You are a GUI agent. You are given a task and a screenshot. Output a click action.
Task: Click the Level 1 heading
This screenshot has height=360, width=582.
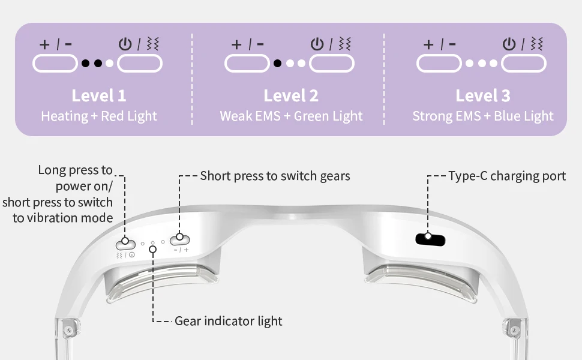click(99, 95)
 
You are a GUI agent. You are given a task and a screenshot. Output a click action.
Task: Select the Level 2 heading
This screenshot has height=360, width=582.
click(291, 95)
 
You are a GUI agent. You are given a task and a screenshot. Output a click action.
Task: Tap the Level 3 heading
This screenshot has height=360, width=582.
click(483, 95)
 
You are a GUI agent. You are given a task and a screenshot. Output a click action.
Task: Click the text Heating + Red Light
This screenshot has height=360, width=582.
click(99, 116)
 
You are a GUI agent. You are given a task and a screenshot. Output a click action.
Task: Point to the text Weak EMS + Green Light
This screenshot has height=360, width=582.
click(291, 116)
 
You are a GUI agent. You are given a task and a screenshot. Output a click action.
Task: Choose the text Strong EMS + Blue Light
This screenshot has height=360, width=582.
click(483, 116)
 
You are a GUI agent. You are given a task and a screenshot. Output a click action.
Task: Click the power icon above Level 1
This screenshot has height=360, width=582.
click(125, 44)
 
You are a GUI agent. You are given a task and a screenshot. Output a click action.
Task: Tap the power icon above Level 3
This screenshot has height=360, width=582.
click(509, 44)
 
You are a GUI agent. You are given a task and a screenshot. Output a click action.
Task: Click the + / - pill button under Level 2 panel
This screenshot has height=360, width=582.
click(247, 63)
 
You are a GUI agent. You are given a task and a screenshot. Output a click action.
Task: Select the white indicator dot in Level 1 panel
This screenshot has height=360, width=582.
click(109, 63)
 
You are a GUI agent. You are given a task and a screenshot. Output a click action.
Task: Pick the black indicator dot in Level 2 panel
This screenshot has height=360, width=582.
click(278, 63)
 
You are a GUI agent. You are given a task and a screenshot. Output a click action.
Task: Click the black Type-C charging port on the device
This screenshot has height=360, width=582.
click(431, 239)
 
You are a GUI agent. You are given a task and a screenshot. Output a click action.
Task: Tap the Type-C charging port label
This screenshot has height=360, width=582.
click(507, 176)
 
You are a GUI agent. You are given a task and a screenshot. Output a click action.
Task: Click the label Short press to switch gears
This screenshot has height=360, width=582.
click(275, 176)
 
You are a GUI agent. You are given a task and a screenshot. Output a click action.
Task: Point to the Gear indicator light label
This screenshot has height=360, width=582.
click(228, 321)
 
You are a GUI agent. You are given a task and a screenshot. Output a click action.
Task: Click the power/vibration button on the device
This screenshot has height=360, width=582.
click(125, 242)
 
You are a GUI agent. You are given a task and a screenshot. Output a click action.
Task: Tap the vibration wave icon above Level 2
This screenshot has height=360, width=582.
click(345, 44)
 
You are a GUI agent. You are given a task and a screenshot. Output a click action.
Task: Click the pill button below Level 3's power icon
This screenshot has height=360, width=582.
click(524, 63)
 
